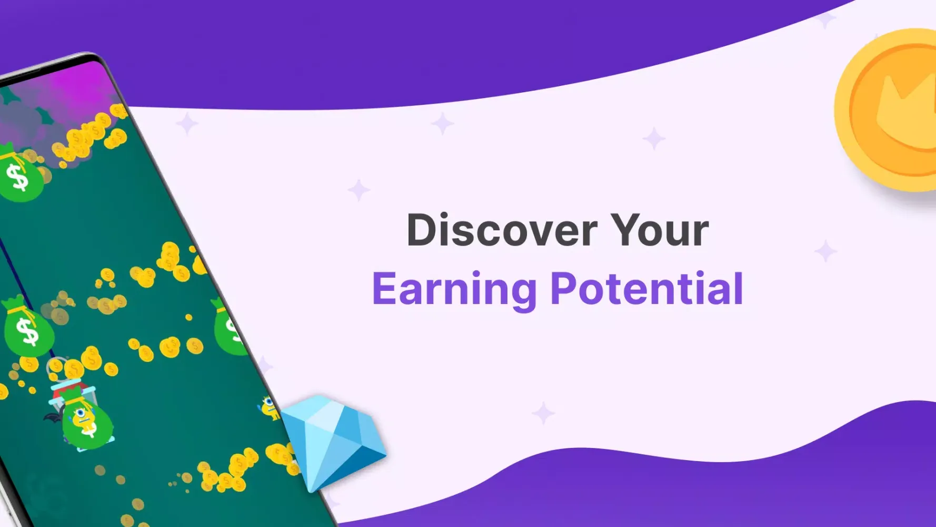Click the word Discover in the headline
tap(502, 230)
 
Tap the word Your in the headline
tap(660, 230)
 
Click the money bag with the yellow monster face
tap(86, 419)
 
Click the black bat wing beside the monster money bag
tap(53, 418)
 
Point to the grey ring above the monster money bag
tap(56, 365)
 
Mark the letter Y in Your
tap(625, 230)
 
